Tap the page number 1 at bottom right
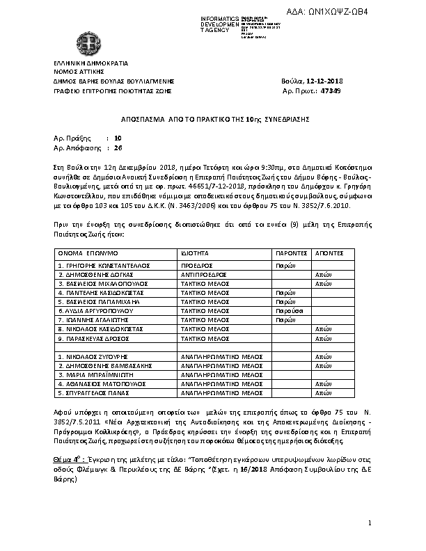pos(370,521)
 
